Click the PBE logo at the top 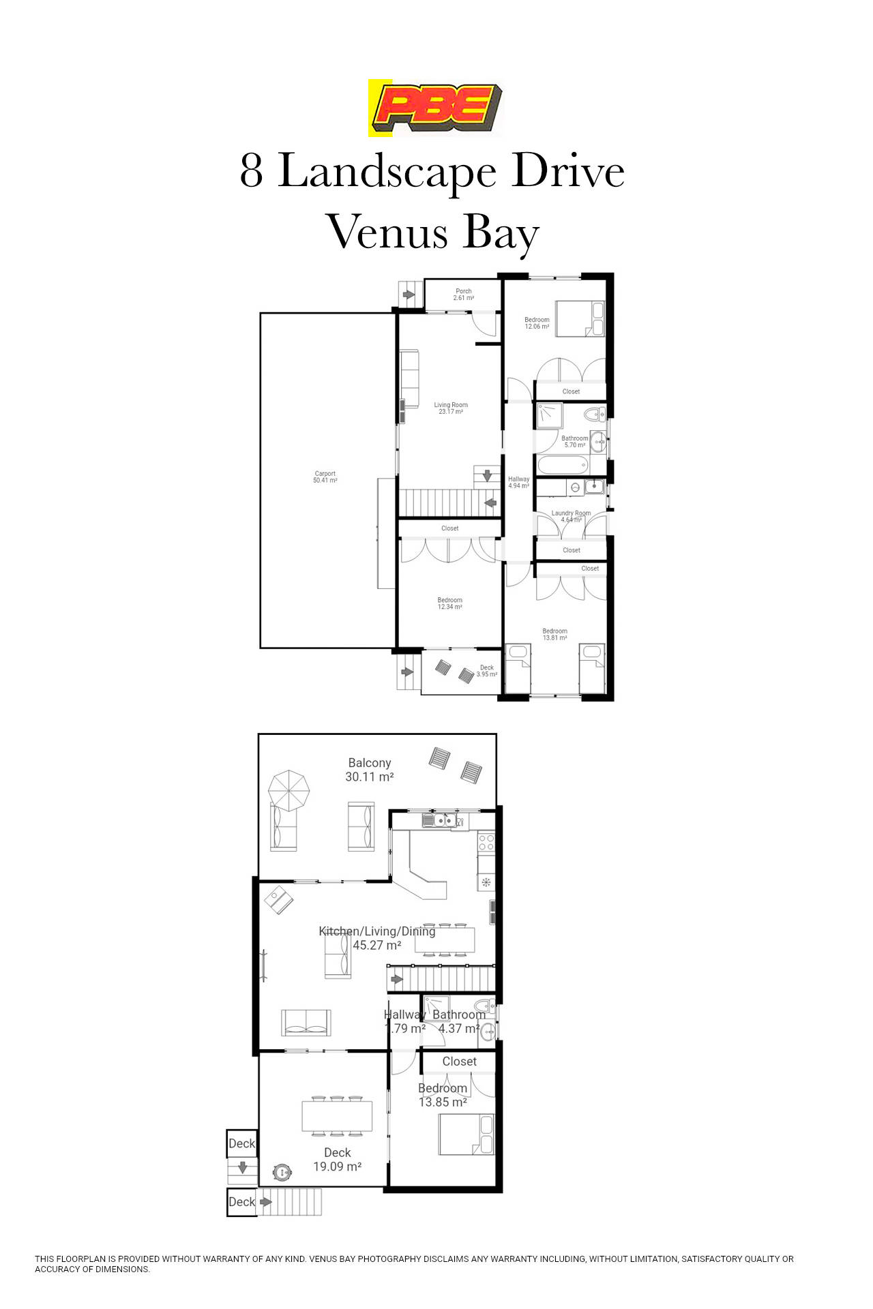(436, 108)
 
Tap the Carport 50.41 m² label (325, 477)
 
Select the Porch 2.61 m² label (464, 295)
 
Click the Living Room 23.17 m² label (451, 408)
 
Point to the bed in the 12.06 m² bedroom (580, 318)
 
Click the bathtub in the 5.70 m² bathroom (563, 466)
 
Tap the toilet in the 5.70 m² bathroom (595, 413)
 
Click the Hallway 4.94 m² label (518, 482)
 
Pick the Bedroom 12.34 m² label (449, 603)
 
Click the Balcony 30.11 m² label (370, 770)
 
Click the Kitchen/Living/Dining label (376, 931)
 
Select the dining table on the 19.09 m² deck (337, 1116)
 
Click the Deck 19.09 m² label (337, 1159)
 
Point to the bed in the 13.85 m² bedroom (466, 1134)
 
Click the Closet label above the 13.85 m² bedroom (459, 1062)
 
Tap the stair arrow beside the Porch (408, 295)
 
